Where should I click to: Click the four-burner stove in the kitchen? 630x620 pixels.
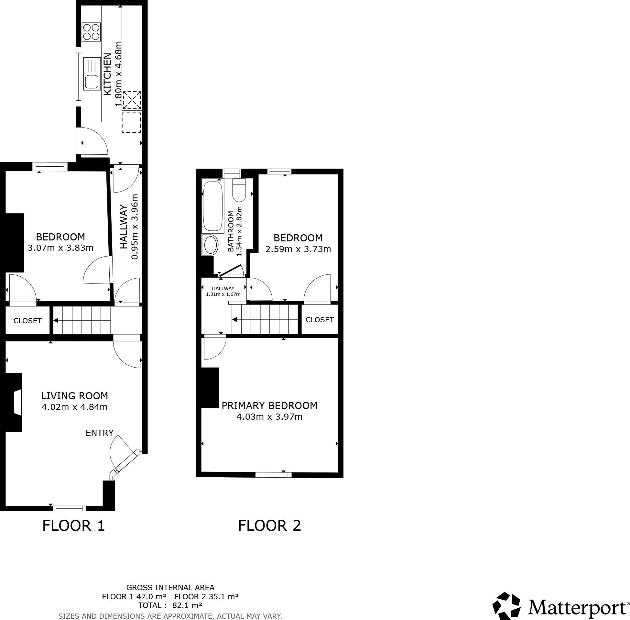91,32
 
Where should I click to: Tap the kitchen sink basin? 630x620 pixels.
92,82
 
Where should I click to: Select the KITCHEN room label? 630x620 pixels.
107,74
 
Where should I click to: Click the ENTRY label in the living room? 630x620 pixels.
100,433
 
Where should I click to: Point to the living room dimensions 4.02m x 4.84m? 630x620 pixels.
74,407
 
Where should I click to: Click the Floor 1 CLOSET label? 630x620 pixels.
27,321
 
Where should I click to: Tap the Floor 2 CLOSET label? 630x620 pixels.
320,320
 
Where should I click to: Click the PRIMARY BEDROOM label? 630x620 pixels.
269,405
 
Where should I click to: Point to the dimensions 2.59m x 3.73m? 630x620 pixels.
298,249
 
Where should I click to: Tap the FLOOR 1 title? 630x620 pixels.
73,526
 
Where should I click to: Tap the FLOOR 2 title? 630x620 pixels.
269,526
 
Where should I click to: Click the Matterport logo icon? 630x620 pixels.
506,606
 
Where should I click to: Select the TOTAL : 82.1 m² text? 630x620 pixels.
170,605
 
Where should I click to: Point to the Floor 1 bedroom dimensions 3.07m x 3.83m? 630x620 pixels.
60,248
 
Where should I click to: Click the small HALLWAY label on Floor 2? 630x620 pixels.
223,289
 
